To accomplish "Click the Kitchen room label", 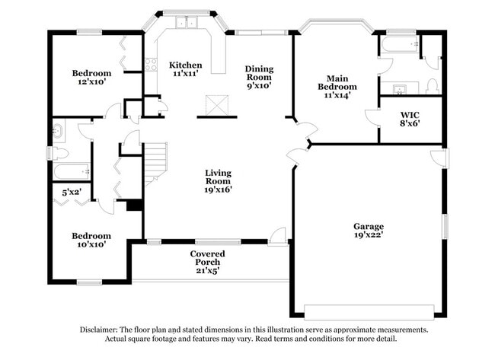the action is click(x=185, y=65).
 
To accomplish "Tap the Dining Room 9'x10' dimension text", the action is click(x=259, y=85).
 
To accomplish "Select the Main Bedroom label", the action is click(x=337, y=82).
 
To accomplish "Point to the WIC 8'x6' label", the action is click(x=410, y=119).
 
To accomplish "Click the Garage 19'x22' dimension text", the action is click(x=369, y=234).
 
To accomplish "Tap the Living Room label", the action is click(x=218, y=177).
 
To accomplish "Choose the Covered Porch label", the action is click(x=207, y=258).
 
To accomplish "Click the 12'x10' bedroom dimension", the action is click(x=91, y=81).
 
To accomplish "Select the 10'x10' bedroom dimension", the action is click(x=91, y=244).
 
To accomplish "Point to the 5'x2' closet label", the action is click(x=72, y=192).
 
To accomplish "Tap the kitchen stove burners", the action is click(x=152, y=65).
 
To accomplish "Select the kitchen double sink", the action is click(x=187, y=22).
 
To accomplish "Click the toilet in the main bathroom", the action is click(x=432, y=87).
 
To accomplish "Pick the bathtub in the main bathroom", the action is click(x=400, y=44).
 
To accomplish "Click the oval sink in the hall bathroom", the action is click(x=58, y=130).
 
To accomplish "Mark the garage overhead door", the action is click(x=369, y=312).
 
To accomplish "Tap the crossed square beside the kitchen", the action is click(x=217, y=105).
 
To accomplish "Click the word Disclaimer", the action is click(x=99, y=330).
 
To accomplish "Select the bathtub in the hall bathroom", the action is click(x=72, y=171).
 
